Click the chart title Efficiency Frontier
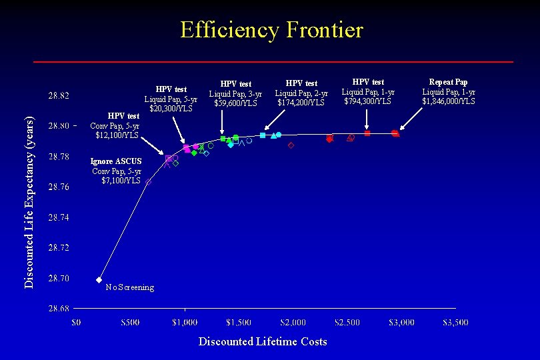click(271, 30)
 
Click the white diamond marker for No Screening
click(99, 280)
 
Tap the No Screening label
click(129, 287)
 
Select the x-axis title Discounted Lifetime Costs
click(263, 341)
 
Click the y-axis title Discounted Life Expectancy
click(29, 203)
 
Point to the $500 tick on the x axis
click(130, 323)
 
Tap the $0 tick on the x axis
click(76, 323)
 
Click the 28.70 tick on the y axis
click(57, 278)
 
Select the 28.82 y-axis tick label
click(57, 95)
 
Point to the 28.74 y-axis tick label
click(57, 217)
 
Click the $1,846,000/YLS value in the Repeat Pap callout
click(448, 101)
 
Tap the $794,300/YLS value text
click(368, 101)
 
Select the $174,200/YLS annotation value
click(301, 103)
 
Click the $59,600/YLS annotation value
click(235, 103)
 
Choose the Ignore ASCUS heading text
click(116, 161)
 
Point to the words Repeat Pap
click(448, 82)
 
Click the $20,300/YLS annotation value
click(171, 108)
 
